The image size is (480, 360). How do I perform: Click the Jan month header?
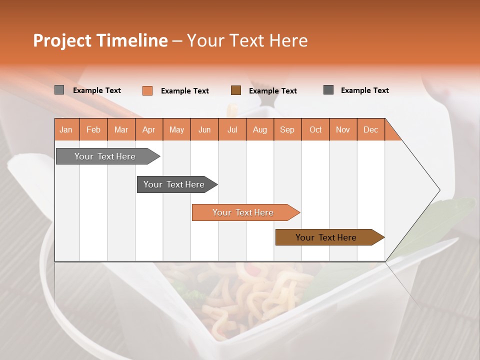click(66, 129)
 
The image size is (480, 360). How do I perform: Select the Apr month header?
click(148, 129)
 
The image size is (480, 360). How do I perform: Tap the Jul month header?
click(232, 129)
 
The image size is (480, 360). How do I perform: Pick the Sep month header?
click(287, 129)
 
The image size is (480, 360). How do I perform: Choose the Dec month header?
click(370, 129)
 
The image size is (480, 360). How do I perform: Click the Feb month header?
click(93, 129)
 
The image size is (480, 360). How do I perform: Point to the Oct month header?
click(315, 129)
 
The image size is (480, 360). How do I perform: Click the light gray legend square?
click(59, 90)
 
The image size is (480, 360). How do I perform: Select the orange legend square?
click(147, 90)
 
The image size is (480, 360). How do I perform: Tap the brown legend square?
click(235, 90)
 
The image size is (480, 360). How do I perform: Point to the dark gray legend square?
click(328, 90)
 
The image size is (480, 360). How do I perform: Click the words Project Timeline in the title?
click(100, 40)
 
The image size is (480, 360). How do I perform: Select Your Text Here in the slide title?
click(247, 40)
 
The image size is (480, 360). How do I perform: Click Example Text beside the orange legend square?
click(184, 91)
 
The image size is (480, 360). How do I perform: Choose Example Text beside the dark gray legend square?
click(364, 90)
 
